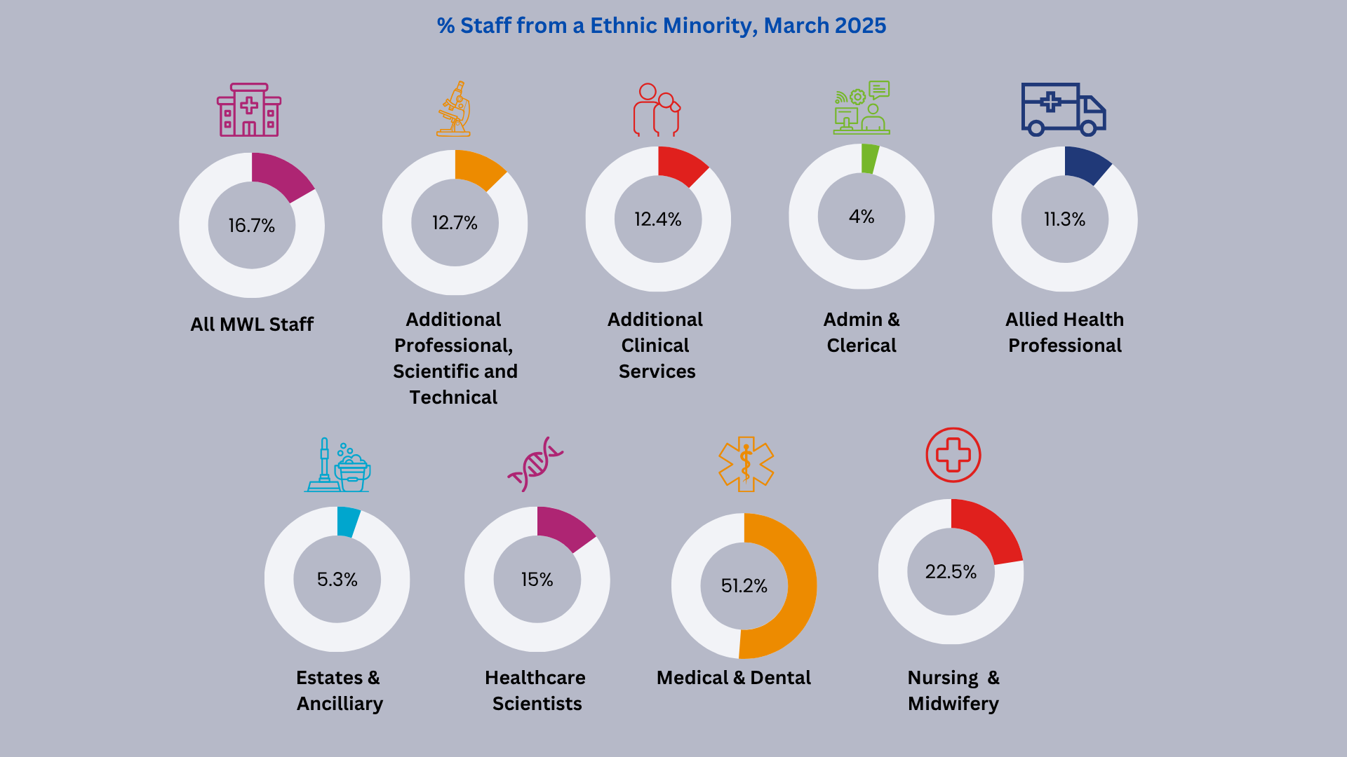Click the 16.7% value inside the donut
(x=251, y=226)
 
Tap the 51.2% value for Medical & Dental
(x=744, y=586)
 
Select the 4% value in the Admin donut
(x=861, y=217)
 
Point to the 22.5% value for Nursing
(x=951, y=572)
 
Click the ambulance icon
(x=1062, y=109)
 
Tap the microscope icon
(x=455, y=109)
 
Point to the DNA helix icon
(x=535, y=464)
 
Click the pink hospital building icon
(x=249, y=110)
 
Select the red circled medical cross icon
(x=953, y=455)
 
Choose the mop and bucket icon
(x=337, y=466)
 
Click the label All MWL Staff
(x=252, y=325)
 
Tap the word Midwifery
(x=953, y=704)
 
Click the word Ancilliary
(x=340, y=704)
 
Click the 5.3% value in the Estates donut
(x=337, y=580)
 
